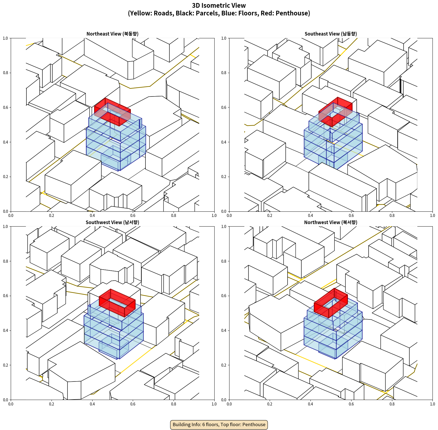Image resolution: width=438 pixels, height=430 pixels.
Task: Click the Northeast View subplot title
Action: (112, 34)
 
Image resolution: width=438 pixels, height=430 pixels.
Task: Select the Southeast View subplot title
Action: (331, 34)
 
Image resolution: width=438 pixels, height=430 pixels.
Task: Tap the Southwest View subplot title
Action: (112, 222)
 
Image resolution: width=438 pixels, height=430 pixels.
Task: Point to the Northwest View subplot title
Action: (331, 222)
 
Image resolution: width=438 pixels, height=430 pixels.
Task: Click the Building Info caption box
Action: (219, 424)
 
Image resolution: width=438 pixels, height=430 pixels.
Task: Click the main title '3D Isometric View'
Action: (219, 6)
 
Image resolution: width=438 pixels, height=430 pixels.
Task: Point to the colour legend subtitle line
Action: (219, 13)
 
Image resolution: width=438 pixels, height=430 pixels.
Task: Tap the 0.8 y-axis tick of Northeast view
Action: (6, 73)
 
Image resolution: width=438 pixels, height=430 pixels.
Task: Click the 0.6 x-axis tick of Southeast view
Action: (351, 216)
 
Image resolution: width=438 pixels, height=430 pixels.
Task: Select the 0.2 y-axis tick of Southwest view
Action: (6, 365)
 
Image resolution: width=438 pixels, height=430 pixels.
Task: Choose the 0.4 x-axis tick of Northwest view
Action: (310, 404)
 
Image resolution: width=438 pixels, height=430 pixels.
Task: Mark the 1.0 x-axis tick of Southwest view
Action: (214, 404)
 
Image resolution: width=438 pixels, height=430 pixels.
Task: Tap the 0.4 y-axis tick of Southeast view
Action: (224, 142)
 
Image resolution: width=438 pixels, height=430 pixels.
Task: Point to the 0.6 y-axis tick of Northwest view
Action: (224, 296)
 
